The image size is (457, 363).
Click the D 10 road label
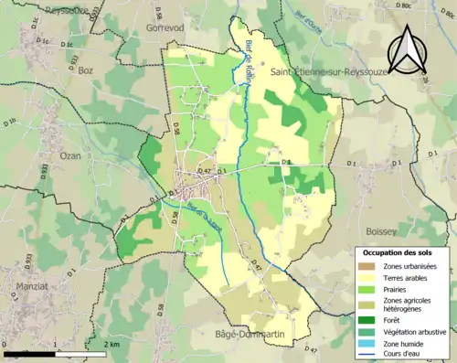[x=10, y=121]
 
